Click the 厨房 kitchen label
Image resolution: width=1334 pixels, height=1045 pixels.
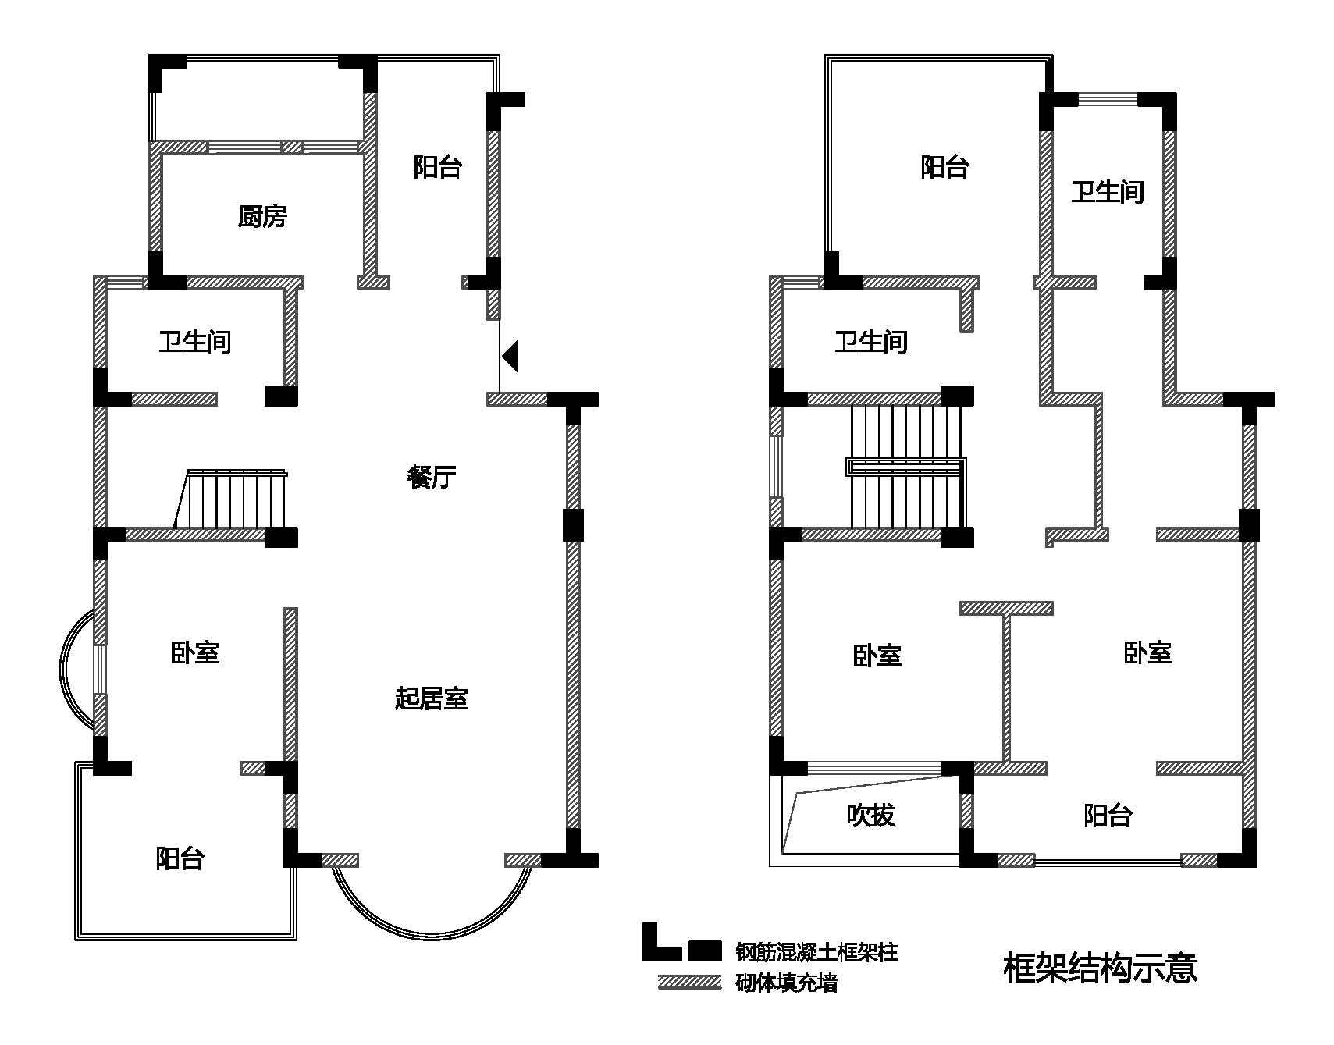pos(262,216)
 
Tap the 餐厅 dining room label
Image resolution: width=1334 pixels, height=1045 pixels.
pos(432,476)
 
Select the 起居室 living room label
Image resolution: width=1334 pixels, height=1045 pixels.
pos(432,698)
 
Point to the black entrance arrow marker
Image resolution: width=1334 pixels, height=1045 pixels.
pos(510,357)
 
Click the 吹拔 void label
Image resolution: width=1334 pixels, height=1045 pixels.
pos(870,815)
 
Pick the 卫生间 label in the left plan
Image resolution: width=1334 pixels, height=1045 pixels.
pos(194,341)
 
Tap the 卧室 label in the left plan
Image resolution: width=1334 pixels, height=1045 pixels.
pos(194,652)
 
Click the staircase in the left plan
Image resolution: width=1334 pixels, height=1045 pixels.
pos(234,499)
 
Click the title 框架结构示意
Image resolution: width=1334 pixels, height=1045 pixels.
pos(1099,968)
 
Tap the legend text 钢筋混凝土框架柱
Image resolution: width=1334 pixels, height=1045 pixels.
pos(816,951)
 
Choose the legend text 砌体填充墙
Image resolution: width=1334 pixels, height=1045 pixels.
pos(786,983)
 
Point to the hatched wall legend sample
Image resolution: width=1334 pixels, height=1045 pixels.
pos(689,982)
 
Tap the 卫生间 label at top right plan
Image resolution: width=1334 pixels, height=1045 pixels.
pos(1107,191)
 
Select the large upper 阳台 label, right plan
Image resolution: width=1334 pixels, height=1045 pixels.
pos(944,166)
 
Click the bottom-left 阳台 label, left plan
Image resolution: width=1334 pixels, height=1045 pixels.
pos(180,858)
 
